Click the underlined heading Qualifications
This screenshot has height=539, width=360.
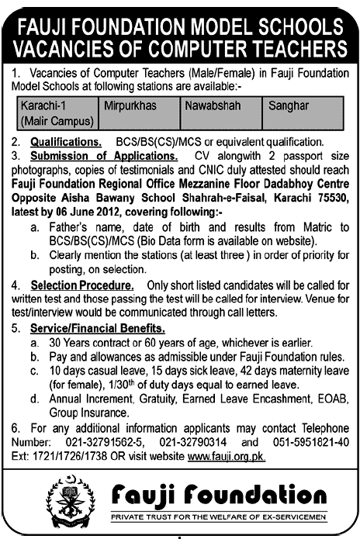click(66, 143)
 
